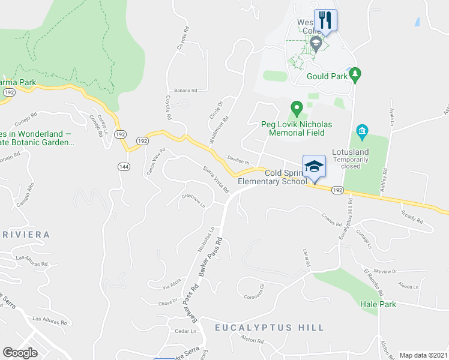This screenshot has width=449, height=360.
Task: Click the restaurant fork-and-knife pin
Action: click(x=325, y=20)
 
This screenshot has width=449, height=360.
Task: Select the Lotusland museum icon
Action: click(x=362, y=130)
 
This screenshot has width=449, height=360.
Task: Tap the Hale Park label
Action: click(x=378, y=304)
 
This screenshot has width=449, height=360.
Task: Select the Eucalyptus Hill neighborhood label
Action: click(x=270, y=328)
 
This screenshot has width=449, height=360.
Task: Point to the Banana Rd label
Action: click(x=185, y=91)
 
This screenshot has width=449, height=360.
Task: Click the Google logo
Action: click(x=20, y=353)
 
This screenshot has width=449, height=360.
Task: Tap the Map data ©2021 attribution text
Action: click(x=423, y=355)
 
